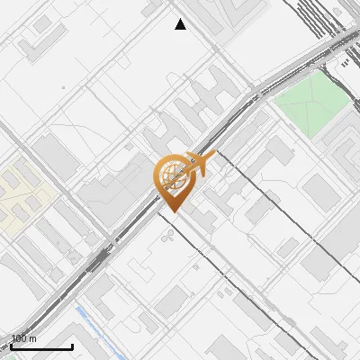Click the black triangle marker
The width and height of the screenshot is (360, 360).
coord(181,24)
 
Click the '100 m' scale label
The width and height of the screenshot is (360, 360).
coord(23,338)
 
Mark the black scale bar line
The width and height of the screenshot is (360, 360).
coord(40,346)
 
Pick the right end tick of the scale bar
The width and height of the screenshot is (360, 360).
coord(72,345)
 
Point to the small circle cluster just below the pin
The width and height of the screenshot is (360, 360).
coord(168,236)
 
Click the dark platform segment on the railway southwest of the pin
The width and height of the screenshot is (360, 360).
coord(97,261)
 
